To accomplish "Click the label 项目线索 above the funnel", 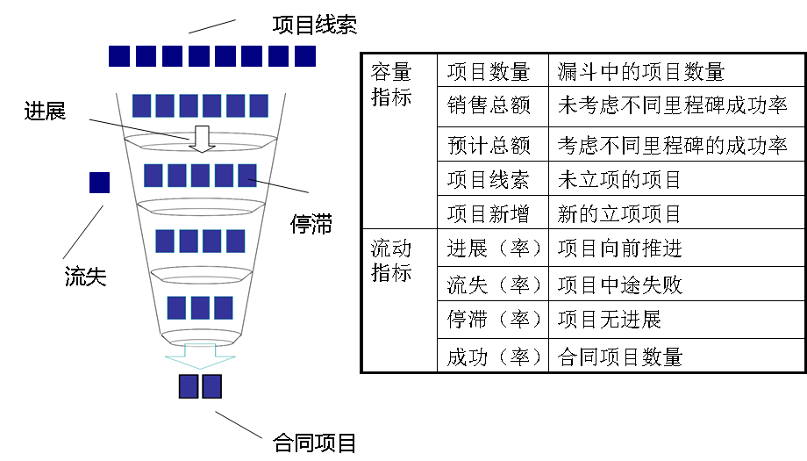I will tap(314, 25).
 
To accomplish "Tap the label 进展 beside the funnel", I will tap(45, 111).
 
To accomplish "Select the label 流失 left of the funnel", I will tap(85, 277).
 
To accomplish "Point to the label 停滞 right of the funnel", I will tap(311, 224).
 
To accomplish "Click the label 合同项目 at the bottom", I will tap(315, 443).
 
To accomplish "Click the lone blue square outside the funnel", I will tap(100, 183).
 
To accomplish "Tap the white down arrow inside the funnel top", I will tap(202, 138).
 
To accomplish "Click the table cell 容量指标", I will tap(390, 84).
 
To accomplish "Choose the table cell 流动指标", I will tap(390, 261).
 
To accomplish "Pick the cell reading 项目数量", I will tap(489, 72).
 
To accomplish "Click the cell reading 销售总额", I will tap(489, 107).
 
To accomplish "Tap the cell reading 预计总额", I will tap(489, 144).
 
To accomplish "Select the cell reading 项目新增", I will tap(489, 213).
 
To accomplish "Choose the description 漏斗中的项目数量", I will tap(641, 72).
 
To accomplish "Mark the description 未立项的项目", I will tap(619, 181).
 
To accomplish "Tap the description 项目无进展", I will tap(609, 320).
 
